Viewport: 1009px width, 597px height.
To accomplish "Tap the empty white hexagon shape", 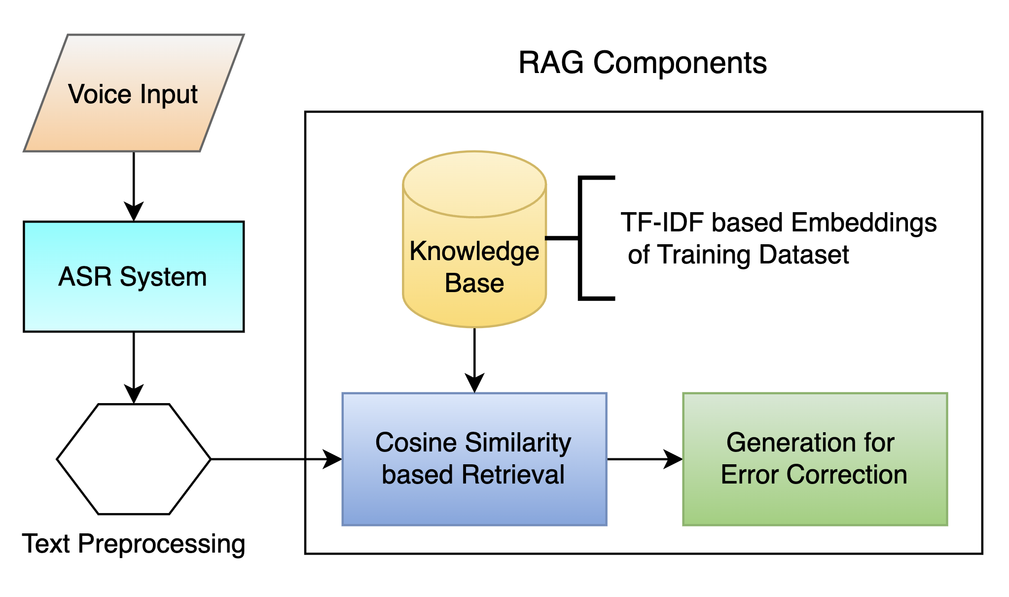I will pos(134,459).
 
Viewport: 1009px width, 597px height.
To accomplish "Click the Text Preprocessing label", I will pos(133,544).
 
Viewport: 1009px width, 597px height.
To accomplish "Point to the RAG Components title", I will pos(642,63).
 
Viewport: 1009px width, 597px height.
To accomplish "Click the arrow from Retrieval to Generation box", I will pos(644,459).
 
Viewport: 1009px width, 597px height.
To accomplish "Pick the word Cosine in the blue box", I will pos(415,443).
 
